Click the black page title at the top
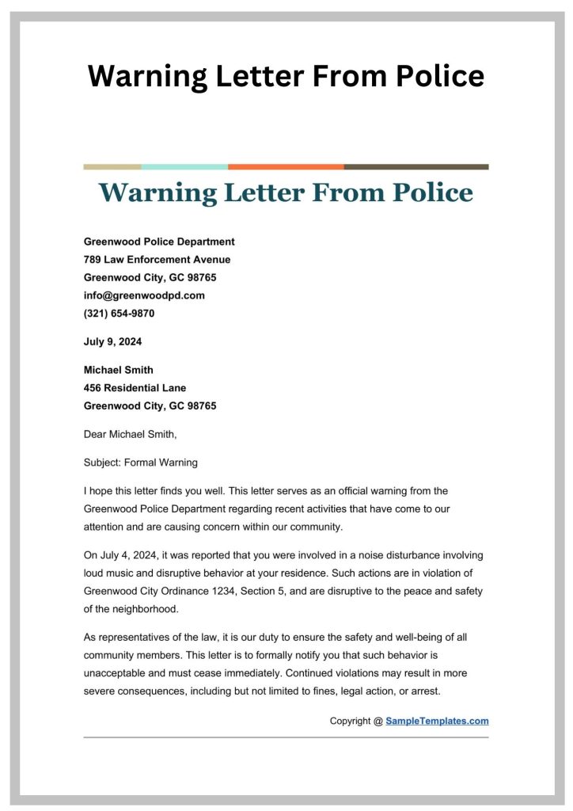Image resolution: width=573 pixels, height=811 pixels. point(286,76)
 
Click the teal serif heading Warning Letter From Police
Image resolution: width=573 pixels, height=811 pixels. point(286,192)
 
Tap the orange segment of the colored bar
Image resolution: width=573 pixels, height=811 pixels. point(286,167)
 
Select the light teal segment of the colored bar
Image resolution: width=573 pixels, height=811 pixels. point(184,167)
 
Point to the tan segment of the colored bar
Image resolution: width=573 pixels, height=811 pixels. point(112,167)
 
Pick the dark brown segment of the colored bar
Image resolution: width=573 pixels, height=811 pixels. point(416,167)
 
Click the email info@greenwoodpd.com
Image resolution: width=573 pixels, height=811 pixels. point(144,295)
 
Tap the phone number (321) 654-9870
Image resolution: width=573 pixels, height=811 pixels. point(119,313)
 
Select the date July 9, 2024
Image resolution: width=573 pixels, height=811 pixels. point(112,342)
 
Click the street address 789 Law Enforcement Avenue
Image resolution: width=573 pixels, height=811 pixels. point(157,259)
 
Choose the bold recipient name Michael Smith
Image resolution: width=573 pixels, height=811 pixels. point(119,370)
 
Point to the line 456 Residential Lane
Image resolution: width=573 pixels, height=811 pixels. point(135,388)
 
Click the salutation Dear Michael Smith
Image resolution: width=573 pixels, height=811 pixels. point(131,433)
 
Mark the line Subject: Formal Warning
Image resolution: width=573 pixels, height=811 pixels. point(140,463)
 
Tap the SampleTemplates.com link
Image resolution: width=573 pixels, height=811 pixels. point(437,721)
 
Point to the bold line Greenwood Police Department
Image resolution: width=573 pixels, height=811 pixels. point(159,242)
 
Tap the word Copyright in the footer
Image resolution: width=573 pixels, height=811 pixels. point(350,721)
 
